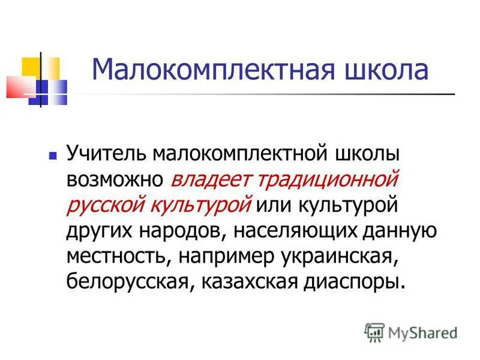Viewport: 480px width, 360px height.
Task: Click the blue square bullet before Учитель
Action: point(52,155)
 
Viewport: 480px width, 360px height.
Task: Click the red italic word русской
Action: point(101,205)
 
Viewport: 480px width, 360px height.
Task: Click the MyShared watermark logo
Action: point(410,331)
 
